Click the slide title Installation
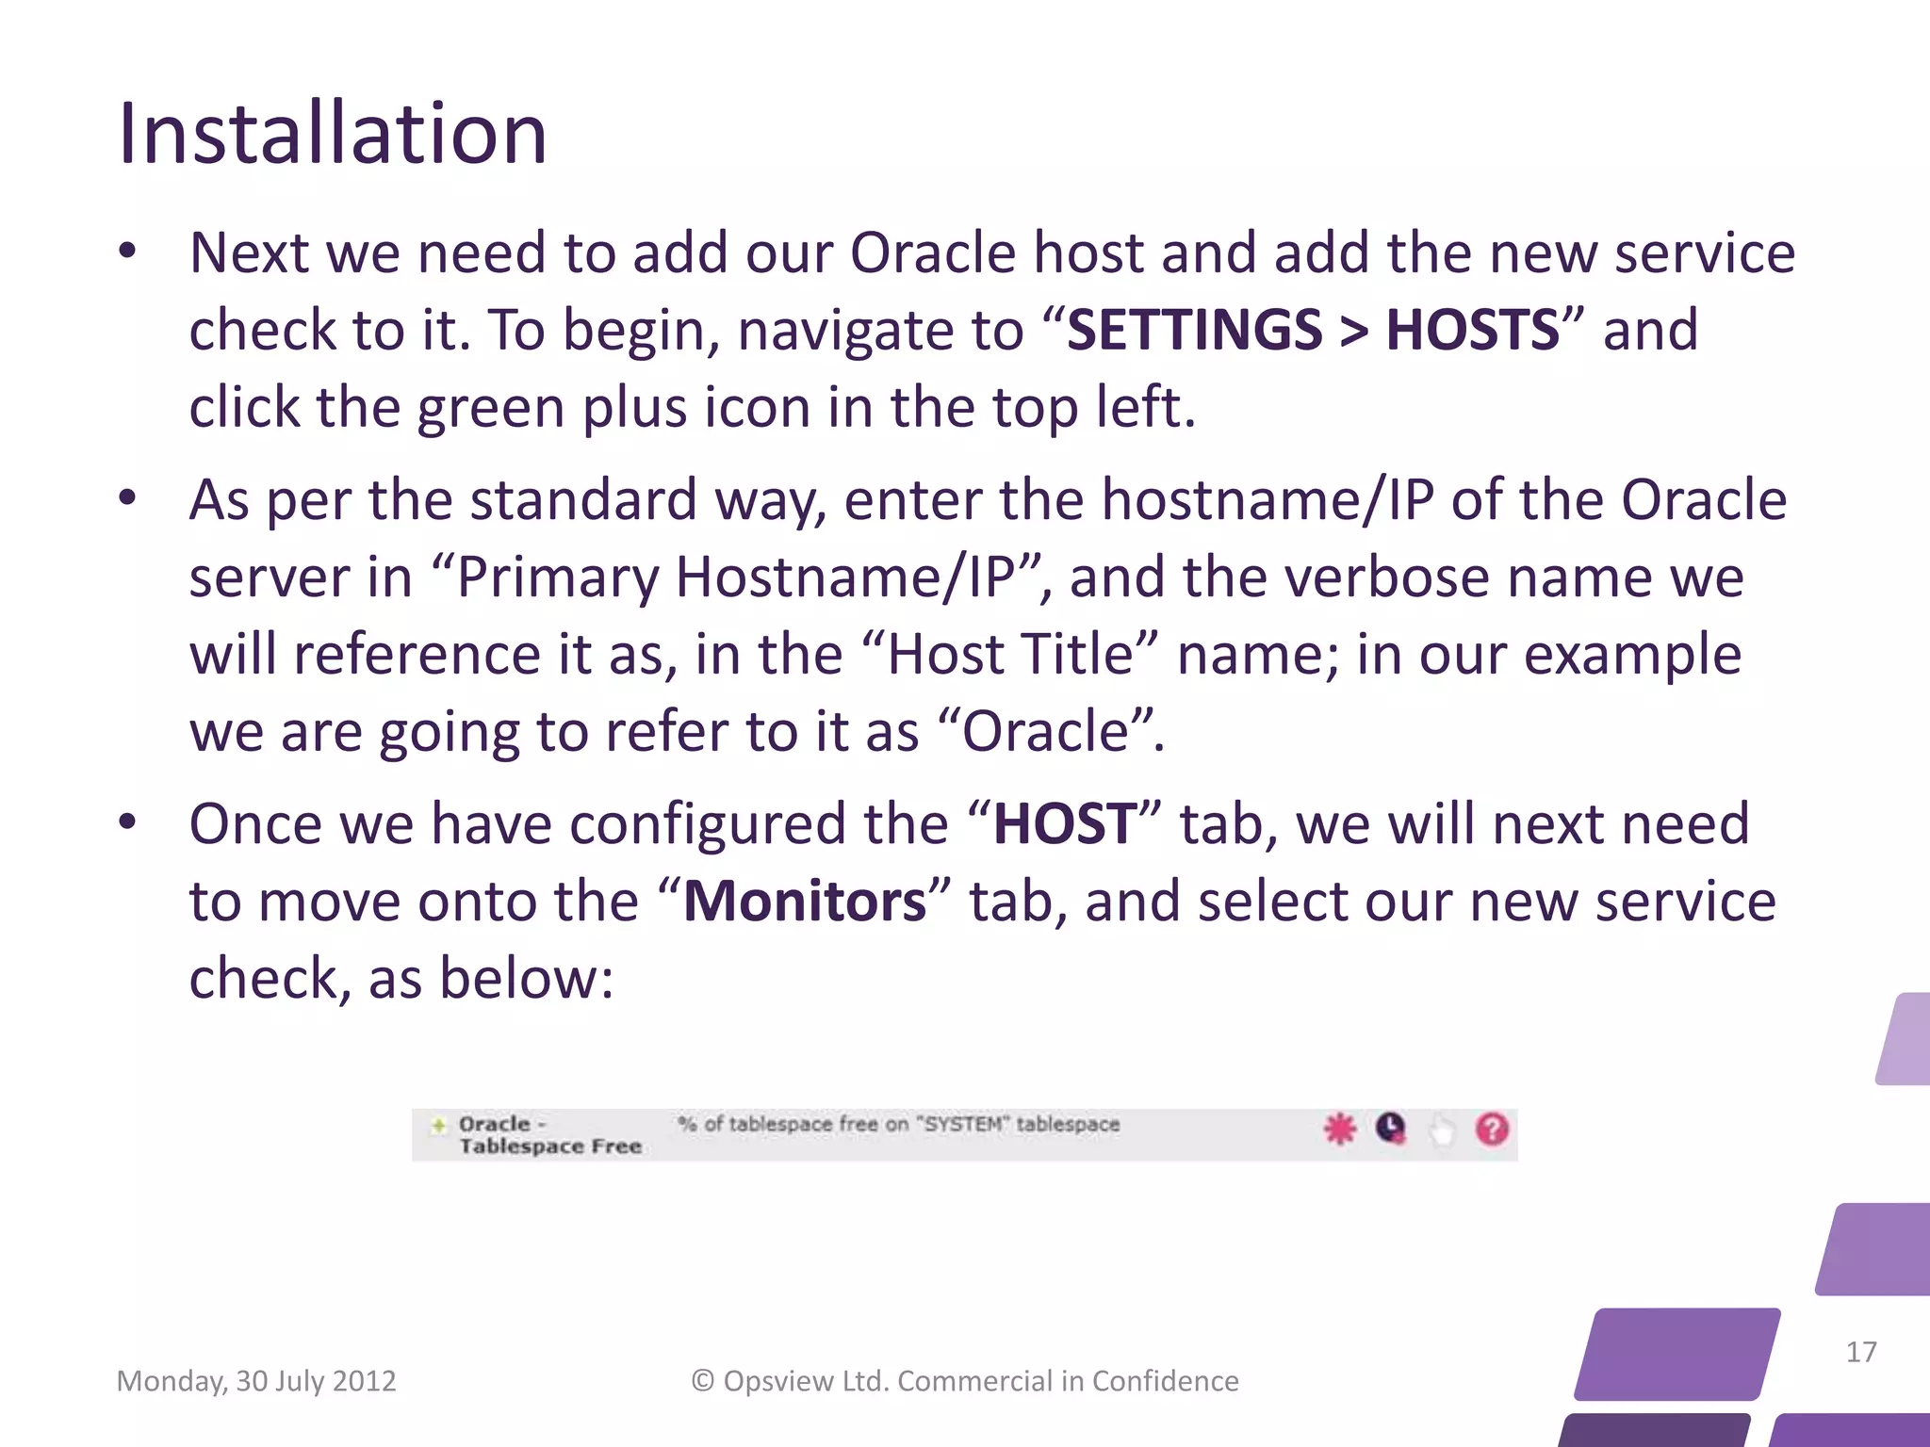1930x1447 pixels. (332, 134)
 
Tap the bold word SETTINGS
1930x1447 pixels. (1194, 331)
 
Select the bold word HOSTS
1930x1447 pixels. (1472, 331)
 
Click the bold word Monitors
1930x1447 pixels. (805, 902)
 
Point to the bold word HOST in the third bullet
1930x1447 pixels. (1065, 824)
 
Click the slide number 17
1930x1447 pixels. (1860, 1352)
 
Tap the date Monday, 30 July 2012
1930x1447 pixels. (256, 1381)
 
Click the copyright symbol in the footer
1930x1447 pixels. (702, 1381)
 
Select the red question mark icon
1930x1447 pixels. (1492, 1129)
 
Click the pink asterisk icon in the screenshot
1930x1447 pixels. (1339, 1129)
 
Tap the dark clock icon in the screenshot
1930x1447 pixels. (1390, 1128)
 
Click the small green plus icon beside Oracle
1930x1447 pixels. (438, 1125)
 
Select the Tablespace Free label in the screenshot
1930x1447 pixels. (550, 1146)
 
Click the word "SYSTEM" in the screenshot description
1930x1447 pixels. (963, 1124)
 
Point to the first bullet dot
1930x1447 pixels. (128, 252)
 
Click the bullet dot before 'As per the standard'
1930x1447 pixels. (128, 498)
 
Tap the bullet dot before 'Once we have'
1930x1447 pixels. (128, 823)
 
